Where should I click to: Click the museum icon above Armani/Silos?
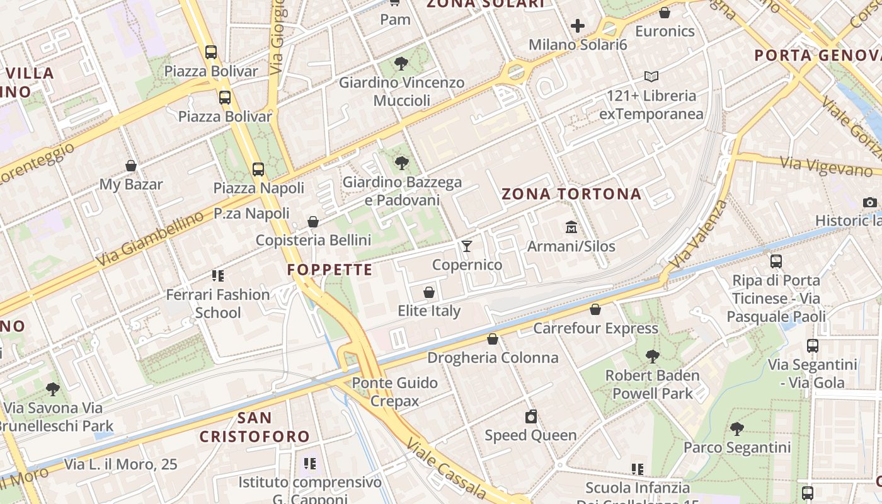tap(571, 227)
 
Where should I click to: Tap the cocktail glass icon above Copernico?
tap(467, 246)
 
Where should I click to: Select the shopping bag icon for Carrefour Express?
tap(595, 309)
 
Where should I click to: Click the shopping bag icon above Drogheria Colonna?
tap(493, 339)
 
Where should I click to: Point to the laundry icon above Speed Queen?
tap(531, 416)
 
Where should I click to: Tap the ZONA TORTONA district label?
tap(571, 194)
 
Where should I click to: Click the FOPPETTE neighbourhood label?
tap(330, 270)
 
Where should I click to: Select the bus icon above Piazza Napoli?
tap(258, 169)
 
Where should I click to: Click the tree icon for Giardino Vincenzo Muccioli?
tap(401, 64)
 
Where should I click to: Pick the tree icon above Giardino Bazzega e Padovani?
tap(401, 163)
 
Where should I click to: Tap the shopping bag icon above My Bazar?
tap(131, 166)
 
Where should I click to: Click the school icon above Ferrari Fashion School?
tap(218, 275)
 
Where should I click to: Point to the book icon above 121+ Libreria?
tap(651, 77)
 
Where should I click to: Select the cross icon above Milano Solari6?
tap(578, 26)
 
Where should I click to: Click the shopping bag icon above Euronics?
tap(665, 13)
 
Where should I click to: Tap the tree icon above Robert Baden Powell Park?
tap(652, 357)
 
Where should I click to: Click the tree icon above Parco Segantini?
tap(736, 429)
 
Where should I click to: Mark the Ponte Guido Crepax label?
tap(394, 391)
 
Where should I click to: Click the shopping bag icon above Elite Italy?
tap(429, 292)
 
